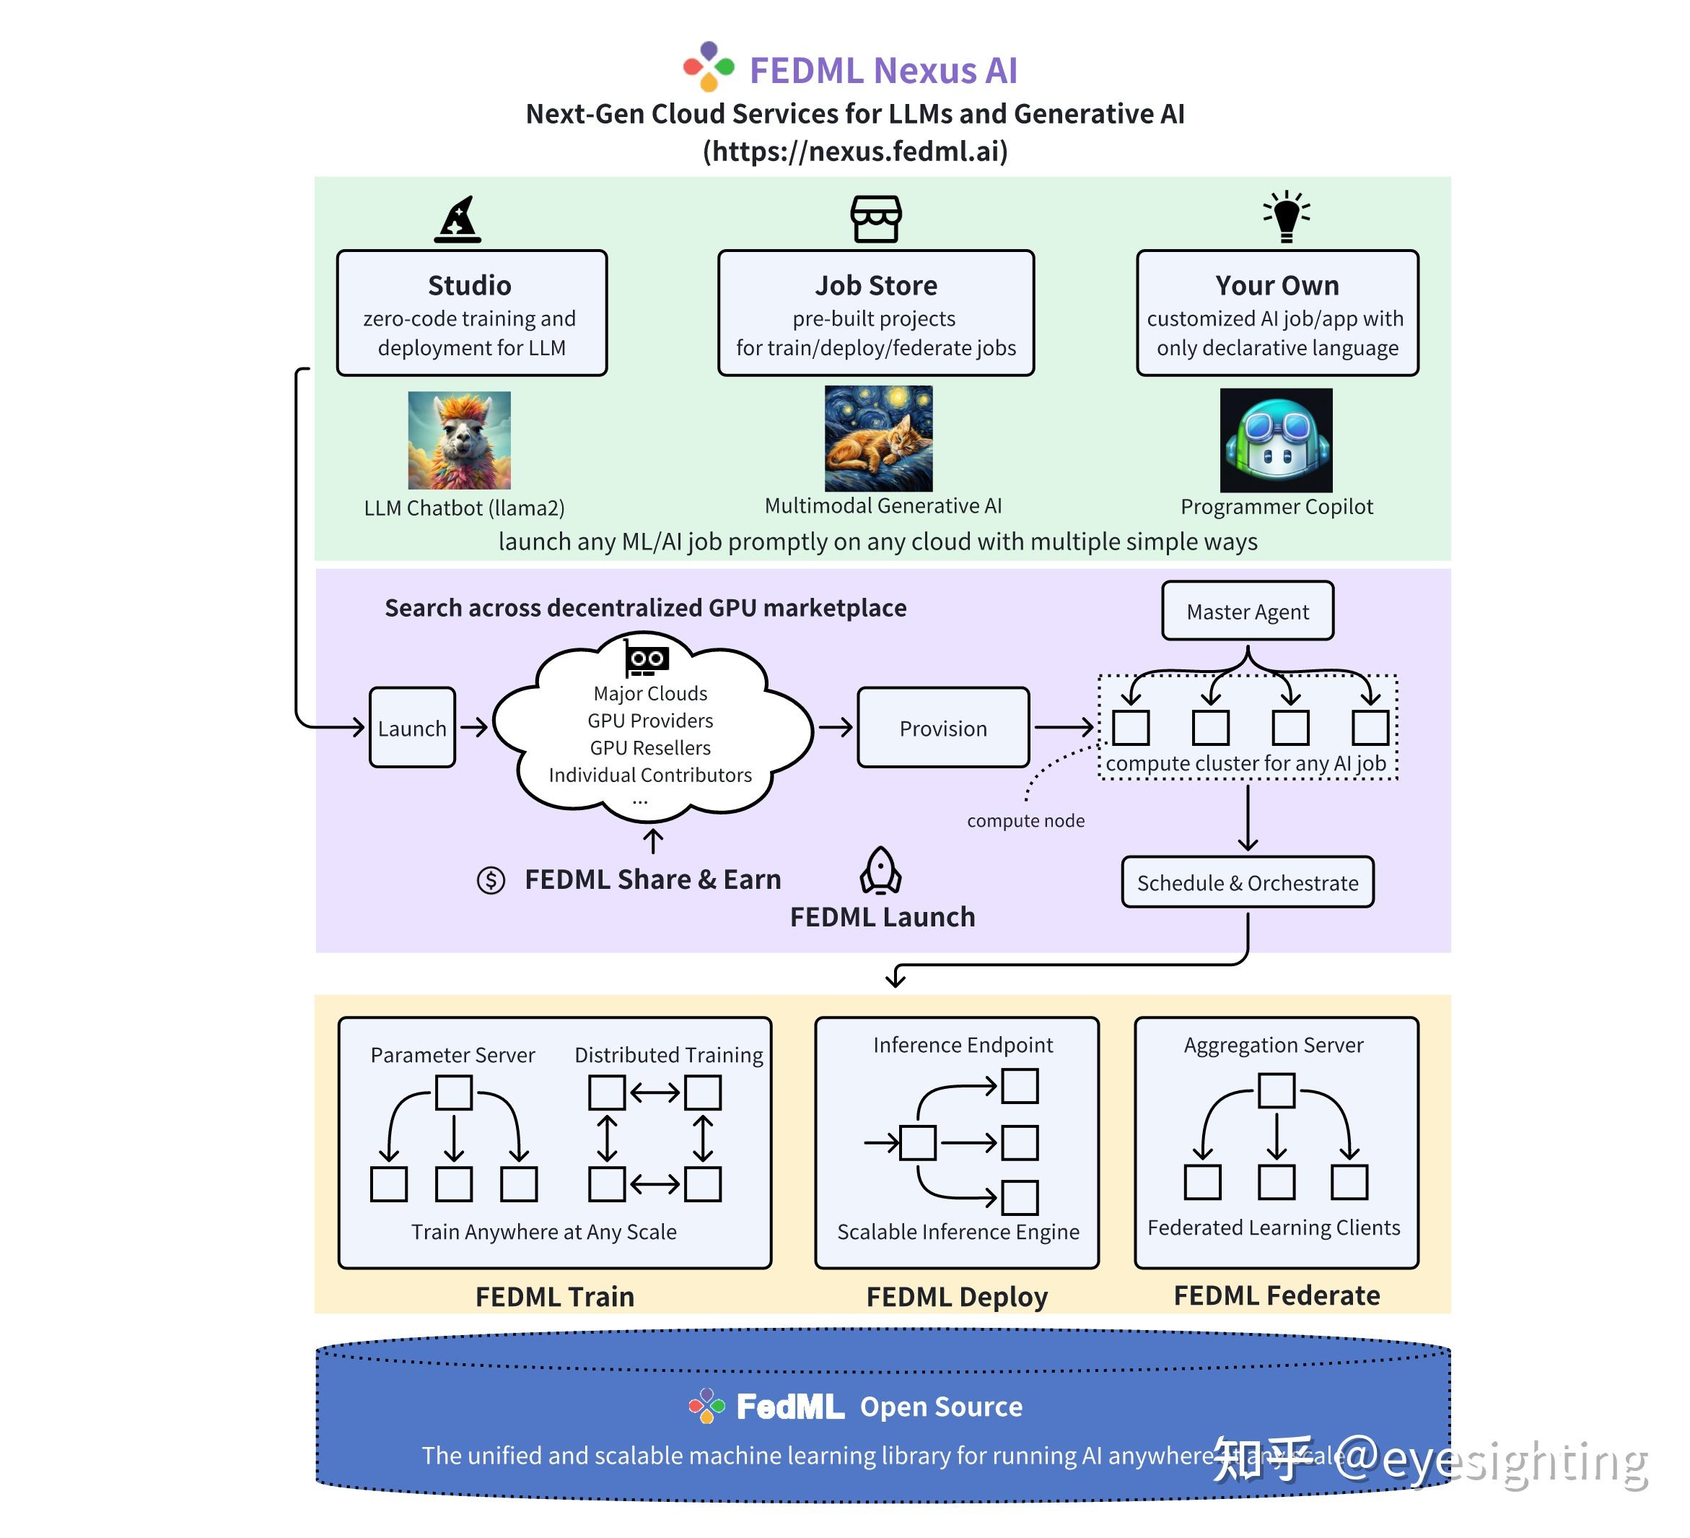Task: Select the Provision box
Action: (942, 727)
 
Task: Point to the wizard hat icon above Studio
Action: (457, 220)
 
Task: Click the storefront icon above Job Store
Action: (876, 219)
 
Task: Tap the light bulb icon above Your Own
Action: (1286, 217)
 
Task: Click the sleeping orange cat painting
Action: (877, 438)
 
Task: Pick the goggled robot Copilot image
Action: (1275, 440)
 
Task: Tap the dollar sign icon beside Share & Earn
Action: (491, 879)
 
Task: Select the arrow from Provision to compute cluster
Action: (1063, 727)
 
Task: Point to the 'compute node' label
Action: (1025, 820)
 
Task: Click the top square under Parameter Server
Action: (453, 1092)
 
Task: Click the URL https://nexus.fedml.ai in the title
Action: (855, 151)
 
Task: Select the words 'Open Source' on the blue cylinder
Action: (940, 1407)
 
